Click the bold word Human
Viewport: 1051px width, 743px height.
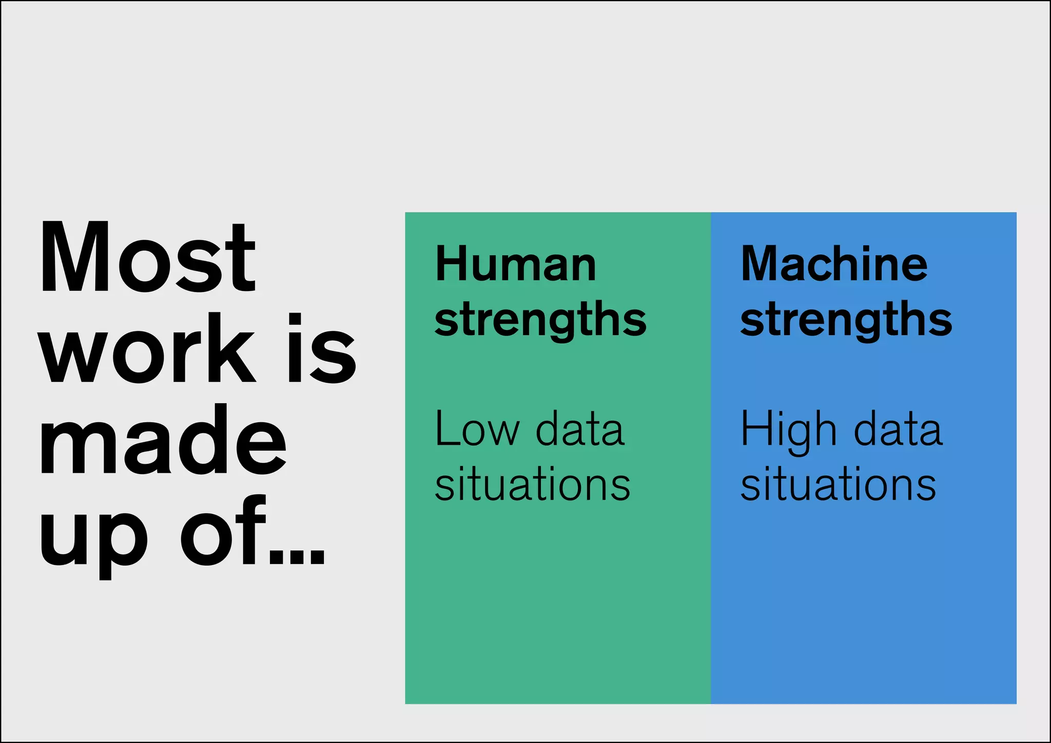coord(516,264)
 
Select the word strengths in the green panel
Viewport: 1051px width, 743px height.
coord(540,321)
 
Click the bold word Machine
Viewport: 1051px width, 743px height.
coord(834,264)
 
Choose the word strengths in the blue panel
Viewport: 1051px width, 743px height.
coord(846,321)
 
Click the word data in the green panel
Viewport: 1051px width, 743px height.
coord(580,429)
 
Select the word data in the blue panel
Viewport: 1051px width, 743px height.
coord(898,429)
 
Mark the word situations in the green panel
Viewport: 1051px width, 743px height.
coord(532,484)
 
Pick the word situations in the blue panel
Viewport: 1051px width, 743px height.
coord(838,484)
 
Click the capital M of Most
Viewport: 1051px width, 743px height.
coord(75,257)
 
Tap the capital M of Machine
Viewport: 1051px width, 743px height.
coord(762,264)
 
